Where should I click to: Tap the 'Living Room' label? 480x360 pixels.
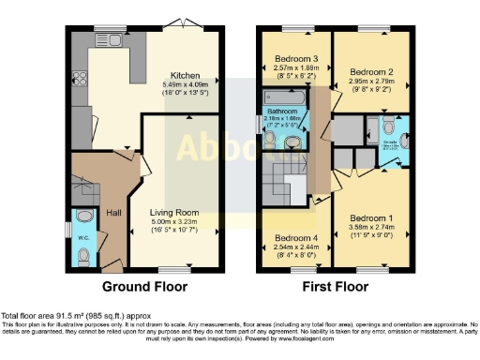(x=175, y=213)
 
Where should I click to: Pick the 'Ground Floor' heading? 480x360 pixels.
(x=144, y=287)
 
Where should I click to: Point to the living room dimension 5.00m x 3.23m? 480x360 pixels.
(x=175, y=222)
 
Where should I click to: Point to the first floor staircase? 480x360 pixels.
(x=282, y=173)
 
